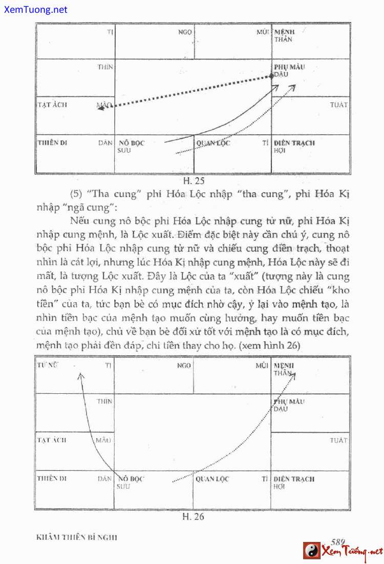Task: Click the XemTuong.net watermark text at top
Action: click(x=34, y=9)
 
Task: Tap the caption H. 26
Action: click(x=194, y=516)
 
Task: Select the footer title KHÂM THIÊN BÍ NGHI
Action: click(x=77, y=537)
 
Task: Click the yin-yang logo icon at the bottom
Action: click(x=311, y=551)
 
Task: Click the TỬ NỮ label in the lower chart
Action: click(x=46, y=365)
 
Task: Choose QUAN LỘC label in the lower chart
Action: click(x=212, y=479)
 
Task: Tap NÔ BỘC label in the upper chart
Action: click(x=132, y=143)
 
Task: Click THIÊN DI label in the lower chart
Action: click(x=52, y=478)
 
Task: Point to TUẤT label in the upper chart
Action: click(x=339, y=105)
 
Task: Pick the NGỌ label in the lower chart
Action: click(x=184, y=366)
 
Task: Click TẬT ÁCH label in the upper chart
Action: click(x=52, y=105)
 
